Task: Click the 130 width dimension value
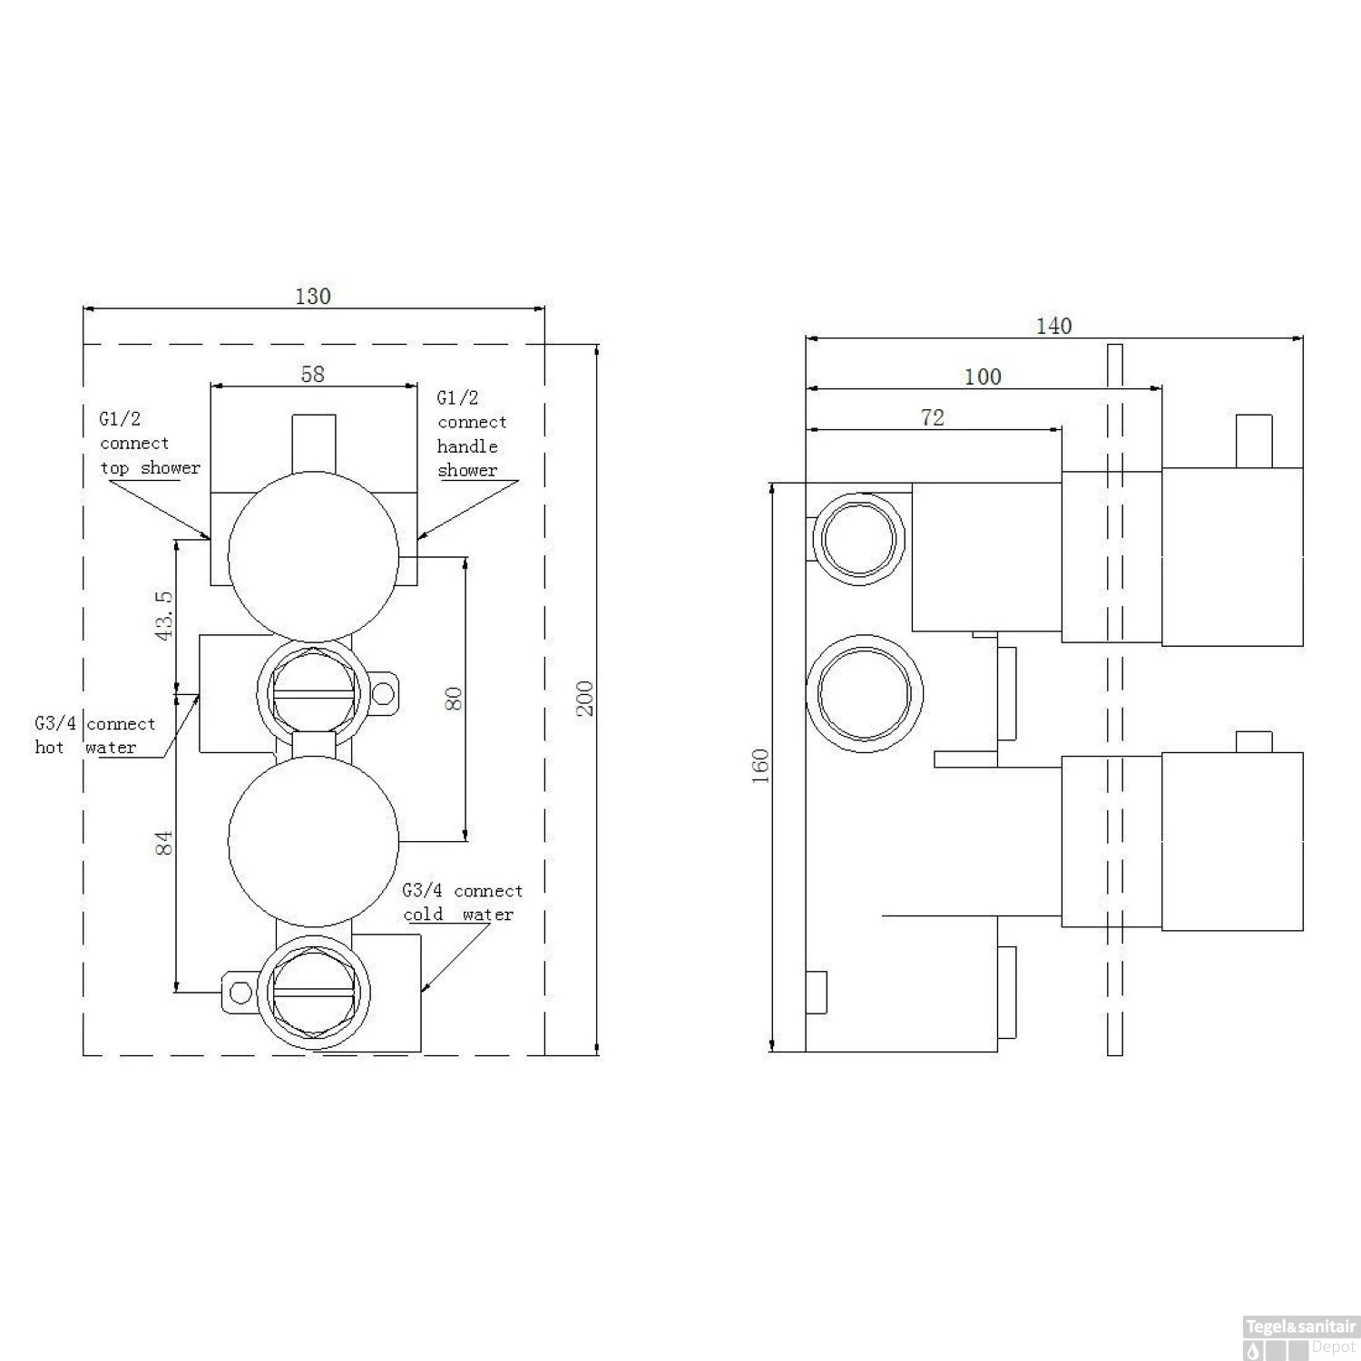(313, 296)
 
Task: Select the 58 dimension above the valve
(312, 374)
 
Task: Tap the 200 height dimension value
(585, 698)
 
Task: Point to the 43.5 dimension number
(164, 615)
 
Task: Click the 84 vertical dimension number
(164, 843)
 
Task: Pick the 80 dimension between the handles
(454, 699)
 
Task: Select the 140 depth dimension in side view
(1053, 326)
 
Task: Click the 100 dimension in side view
(983, 377)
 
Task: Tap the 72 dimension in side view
(932, 417)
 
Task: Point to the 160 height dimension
(760, 766)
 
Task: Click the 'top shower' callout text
(150, 468)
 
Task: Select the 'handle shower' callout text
(467, 458)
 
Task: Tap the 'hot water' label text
(85, 748)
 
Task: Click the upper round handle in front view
(313, 557)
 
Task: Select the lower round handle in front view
(313, 841)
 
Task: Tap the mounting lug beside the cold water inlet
(240, 993)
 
